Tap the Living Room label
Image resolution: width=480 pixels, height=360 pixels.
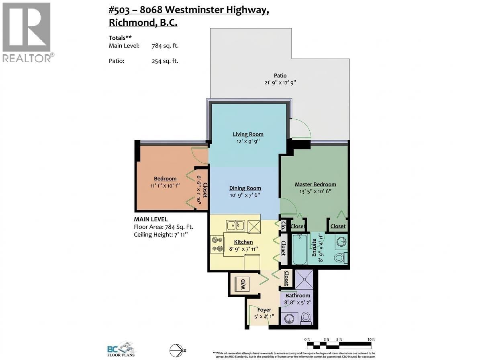tap(248, 134)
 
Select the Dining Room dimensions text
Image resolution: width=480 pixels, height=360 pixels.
tap(245, 195)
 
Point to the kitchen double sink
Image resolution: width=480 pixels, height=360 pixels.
tap(235, 225)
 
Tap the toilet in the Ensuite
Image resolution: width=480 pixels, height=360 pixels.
tap(340, 258)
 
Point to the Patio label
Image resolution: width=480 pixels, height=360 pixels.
tap(280, 76)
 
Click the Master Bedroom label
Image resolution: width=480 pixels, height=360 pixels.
tap(315, 184)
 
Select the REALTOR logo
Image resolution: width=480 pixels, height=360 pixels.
tap(27, 32)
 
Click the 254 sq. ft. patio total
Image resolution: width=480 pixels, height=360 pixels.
tap(165, 61)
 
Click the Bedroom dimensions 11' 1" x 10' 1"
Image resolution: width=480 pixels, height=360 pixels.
tap(165, 186)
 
